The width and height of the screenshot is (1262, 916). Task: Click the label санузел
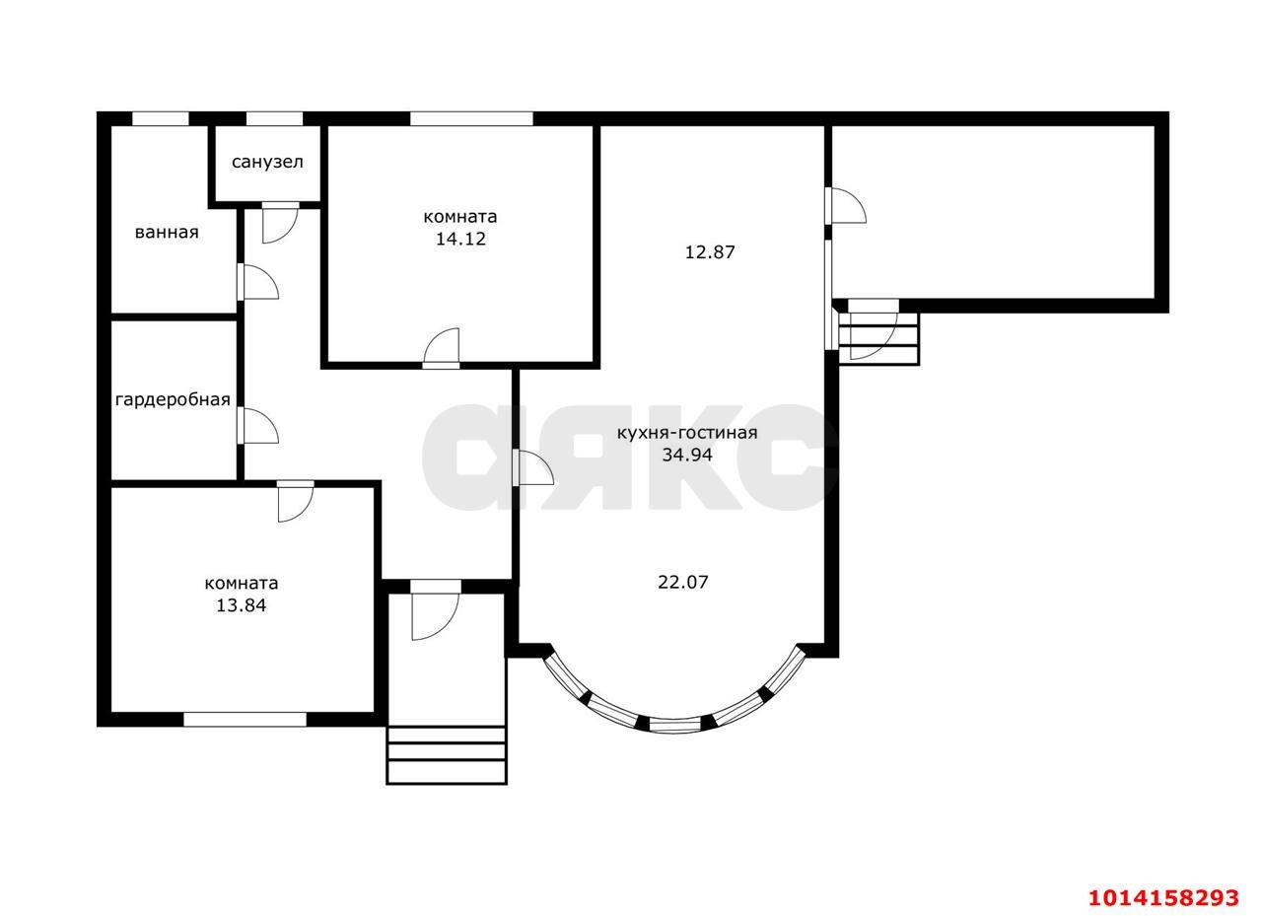click(x=267, y=163)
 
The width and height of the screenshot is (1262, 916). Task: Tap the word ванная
click(x=167, y=232)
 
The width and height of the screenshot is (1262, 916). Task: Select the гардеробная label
click(x=173, y=400)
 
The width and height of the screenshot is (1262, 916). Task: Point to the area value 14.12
click(x=460, y=239)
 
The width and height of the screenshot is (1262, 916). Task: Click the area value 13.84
click(x=242, y=605)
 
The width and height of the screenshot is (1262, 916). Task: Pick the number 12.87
click(x=710, y=251)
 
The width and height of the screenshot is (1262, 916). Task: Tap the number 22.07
click(x=683, y=582)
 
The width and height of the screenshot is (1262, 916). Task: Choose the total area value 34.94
click(x=687, y=455)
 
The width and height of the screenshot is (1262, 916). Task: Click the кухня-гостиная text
click(x=687, y=433)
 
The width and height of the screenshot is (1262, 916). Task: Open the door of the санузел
click(x=280, y=223)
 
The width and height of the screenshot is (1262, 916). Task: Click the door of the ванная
click(x=258, y=282)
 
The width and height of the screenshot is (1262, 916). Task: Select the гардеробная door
click(x=258, y=426)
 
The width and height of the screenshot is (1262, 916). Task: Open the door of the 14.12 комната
click(x=441, y=349)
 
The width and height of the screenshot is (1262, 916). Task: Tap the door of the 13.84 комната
click(x=295, y=501)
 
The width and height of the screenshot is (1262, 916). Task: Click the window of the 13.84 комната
click(x=245, y=720)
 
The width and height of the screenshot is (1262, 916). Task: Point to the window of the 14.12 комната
click(x=471, y=119)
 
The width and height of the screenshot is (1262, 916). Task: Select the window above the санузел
click(x=274, y=119)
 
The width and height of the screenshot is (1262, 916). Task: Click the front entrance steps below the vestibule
click(x=447, y=755)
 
